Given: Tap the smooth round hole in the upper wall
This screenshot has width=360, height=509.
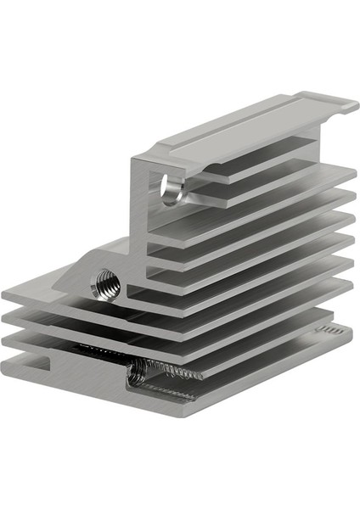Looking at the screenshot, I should pos(172,191).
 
